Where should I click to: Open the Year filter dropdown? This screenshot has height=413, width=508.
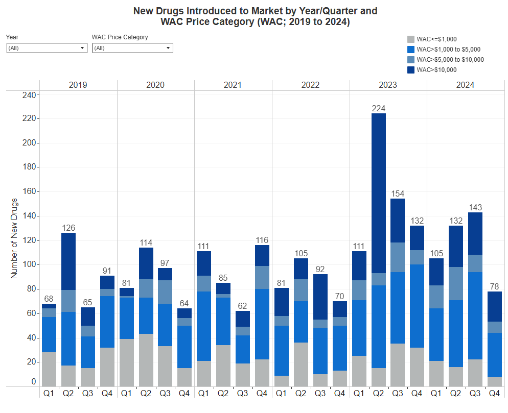(47, 48)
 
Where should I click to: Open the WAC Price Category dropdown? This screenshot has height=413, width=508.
(132, 48)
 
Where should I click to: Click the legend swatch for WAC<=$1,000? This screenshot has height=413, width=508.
(410, 39)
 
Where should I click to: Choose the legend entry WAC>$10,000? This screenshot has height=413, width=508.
(436, 70)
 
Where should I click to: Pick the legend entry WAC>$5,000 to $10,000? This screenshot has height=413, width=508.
(450, 60)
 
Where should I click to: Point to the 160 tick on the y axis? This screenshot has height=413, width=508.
(30, 191)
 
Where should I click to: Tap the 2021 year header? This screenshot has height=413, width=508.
(233, 85)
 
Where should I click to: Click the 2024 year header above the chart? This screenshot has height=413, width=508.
(465, 85)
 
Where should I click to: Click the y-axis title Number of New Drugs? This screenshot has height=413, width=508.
(14, 238)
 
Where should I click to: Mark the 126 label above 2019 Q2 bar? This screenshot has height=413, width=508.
(68, 227)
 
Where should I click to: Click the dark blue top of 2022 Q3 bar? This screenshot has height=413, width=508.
(320, 297)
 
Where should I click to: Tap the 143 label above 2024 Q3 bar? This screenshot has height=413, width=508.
(475, 207)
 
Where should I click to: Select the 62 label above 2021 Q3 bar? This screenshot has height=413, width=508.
(243, 306)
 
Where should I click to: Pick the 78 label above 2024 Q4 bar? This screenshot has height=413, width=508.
(495, 286)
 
